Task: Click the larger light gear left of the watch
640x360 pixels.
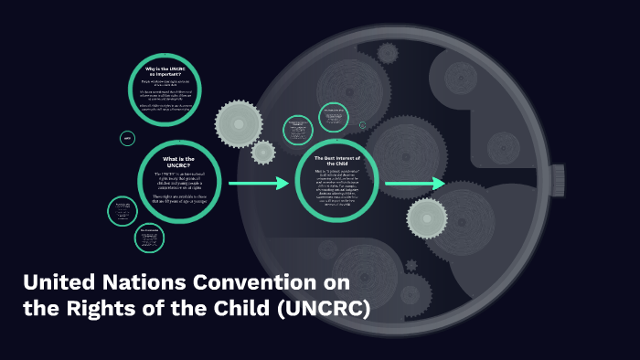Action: pos(239,122)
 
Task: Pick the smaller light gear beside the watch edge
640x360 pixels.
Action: pos(263,152)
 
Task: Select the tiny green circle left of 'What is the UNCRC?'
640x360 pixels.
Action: pos(127,139)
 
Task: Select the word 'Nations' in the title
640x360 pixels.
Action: pos(149,282)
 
